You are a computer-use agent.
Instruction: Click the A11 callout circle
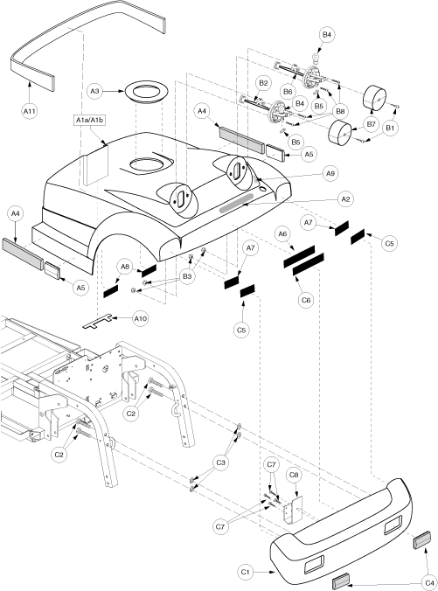click(30, 111)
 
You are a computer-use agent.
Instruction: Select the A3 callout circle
click(95, 91)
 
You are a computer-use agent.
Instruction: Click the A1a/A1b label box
click(90, 121)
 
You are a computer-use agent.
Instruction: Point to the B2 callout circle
click(263, 83)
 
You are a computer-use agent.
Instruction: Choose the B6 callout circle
click(288, 92)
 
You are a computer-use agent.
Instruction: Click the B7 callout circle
click(372, 124)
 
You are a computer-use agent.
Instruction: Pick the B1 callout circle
click(390, 129)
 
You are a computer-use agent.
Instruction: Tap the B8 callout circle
click(340, 111)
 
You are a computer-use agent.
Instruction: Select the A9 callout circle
click(330, 173)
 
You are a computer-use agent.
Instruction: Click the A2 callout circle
click(345, 199)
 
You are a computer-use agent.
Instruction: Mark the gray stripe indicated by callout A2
click(237, 203)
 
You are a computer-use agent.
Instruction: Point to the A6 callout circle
click(282, 234)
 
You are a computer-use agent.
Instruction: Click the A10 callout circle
click(141, 319)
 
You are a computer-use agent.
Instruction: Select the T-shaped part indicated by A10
click(97, 322)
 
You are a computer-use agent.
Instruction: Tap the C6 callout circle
click(306, 300)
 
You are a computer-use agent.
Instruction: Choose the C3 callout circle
click(221, 462)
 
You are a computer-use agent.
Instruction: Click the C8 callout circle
click(294, 476)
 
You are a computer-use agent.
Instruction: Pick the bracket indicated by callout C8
click(293, 510)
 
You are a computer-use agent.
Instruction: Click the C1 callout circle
click(246, 572)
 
